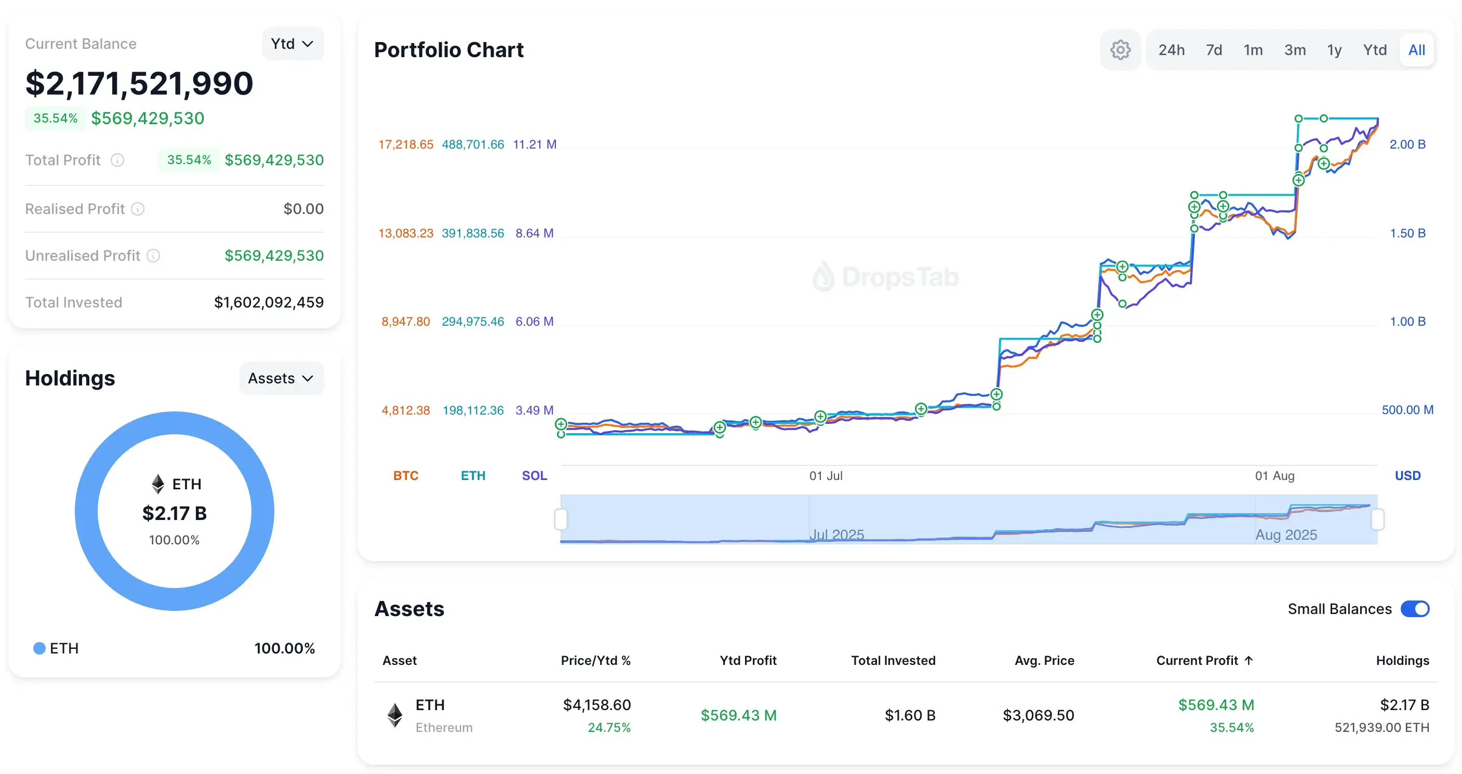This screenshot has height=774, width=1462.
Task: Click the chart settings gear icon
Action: pyautogui.click(x=1120, y=50)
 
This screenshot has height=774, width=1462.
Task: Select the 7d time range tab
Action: pyautogui.click(x=1214, y=50)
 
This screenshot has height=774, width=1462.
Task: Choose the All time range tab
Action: pyautogui.click(x=1416, y=50)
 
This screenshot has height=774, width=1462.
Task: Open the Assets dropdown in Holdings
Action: pyautogui.click(x=281, y=378)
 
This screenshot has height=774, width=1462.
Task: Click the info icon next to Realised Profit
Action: pyautogui.click(x=138, y=209)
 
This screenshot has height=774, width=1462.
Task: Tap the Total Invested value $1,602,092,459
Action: pyautogui.click(x=269, y=302)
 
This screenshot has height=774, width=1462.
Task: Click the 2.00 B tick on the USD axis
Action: pyautogui.click(x=1407, y=144)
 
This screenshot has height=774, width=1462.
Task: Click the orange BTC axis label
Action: pyautogui.click(x=406, y=475)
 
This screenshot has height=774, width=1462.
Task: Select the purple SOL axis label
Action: pyautogui.click(x=534, y=475)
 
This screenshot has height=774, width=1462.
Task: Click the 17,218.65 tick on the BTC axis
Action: pyautogui.click(x=406, y=144)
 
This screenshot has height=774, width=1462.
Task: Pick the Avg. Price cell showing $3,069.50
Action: pyautogui.click(x=1038, y=715)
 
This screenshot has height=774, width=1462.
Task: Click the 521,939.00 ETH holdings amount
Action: pyautogui.click(x=1381, y=727)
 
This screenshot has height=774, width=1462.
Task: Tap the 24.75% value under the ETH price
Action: pyautogui.click(x=609, y=727)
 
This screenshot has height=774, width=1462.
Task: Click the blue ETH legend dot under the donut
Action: pyautogui.click(x=39, y=648)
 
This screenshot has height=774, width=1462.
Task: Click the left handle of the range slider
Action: pyautogui.click(x=561, y=519)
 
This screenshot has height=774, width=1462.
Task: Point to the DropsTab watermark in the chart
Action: pyautogui.click(x=885, y=277)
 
